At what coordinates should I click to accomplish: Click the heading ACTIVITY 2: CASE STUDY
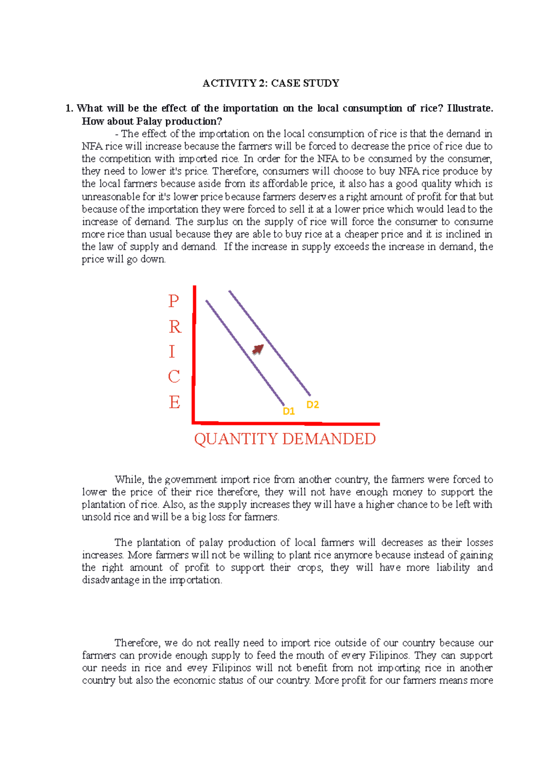click(271, 83)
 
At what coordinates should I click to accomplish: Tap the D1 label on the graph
click(289, 411)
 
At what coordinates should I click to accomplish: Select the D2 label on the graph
click(313, 405)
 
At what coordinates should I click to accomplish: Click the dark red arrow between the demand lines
click(258, 349)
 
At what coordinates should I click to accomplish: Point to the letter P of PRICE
click(174, 301)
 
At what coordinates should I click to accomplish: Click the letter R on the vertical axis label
click(175, 327)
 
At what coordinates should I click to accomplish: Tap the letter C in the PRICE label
click(174, 377)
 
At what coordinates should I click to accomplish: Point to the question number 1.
click(68, 108)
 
